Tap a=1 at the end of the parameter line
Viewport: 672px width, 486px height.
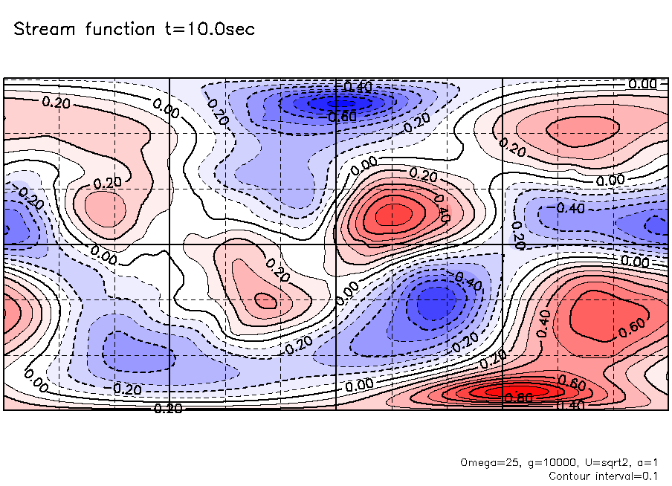(x=644, y=462)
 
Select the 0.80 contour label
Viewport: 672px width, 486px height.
(x=518, y=398)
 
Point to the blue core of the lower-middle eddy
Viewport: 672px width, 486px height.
(x=432, y=302)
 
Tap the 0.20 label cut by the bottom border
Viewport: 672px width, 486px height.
(x=169, y=407)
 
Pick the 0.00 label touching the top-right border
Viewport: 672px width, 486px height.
(x=642, y=84)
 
